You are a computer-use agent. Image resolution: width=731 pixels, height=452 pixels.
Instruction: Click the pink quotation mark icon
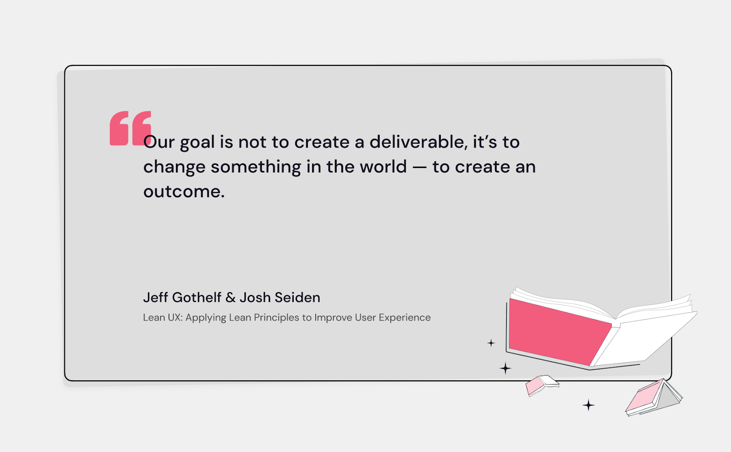click(130, 128)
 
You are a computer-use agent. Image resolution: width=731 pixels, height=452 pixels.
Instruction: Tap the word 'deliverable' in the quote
click(418, 142)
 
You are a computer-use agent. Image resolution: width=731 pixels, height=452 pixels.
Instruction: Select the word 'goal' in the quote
click(197, 143)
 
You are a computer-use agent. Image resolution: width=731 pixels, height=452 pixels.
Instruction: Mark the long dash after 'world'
click(419, 167)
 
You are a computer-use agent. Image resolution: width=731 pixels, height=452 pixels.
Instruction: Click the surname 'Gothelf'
click(197, 297)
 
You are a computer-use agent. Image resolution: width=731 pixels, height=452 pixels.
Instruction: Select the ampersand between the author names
click(231, 298)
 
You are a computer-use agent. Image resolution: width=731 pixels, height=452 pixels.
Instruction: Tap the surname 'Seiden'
click(297, 297)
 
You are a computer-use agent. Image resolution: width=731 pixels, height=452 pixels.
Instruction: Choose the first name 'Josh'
click(255, 297)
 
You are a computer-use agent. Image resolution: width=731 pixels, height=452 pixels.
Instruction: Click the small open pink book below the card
click(542, 384)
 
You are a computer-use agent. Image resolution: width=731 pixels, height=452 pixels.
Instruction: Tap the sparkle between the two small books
click(588, 405)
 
